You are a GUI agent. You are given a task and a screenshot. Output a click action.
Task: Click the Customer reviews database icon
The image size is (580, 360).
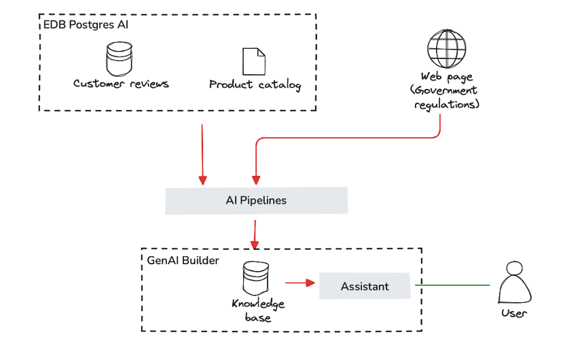(120, 58)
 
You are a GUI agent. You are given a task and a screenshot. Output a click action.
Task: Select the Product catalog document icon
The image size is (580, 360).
(253, 61)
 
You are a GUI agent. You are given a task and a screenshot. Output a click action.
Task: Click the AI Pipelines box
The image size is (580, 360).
(256, 201)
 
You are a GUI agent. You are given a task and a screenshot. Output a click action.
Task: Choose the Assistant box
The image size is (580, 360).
(365, 286)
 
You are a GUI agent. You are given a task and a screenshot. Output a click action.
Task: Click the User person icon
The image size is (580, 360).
(513, 283)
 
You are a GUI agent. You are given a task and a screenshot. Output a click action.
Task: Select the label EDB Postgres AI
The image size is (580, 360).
(87, 25)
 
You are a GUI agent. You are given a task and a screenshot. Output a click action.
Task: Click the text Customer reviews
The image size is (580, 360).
(121, 84)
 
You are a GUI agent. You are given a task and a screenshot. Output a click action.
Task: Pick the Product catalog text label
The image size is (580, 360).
(254, 86)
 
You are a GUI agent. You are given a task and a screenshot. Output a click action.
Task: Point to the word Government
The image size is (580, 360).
(449, 90)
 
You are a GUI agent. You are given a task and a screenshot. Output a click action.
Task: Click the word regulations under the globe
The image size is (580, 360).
(448, 105)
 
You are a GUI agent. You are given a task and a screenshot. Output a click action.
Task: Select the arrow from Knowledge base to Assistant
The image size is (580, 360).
(301, 282)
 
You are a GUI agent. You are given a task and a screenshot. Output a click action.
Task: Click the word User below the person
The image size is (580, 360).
(513, 314)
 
